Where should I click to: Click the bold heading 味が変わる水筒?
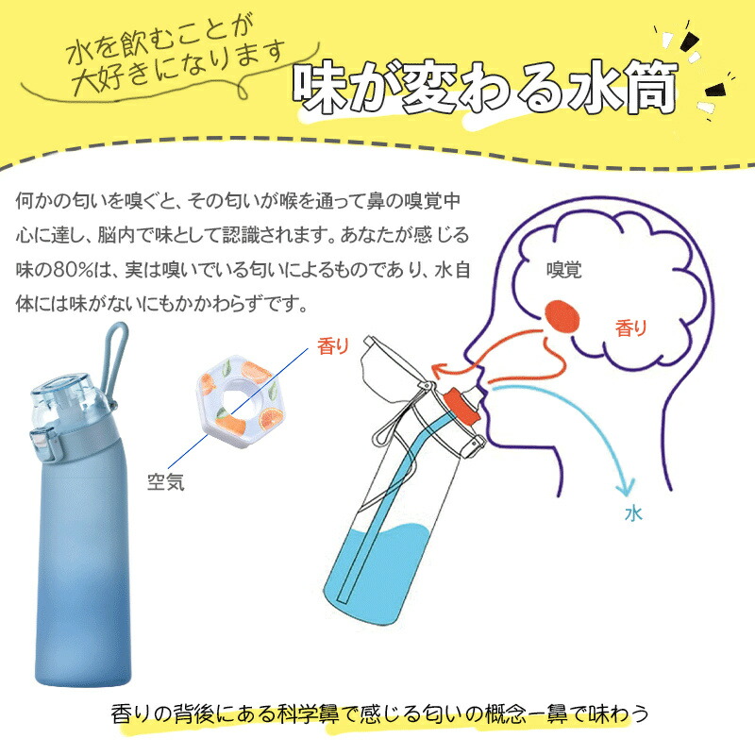click(485, 87)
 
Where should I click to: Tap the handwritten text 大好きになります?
click(178, 68)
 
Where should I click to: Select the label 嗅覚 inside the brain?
click(563, 270)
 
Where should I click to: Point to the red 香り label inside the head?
click(630, 328)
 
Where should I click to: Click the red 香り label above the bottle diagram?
click(333, 346)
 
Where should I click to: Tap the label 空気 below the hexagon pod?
click(166, 482)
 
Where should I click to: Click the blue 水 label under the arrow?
click(633, 513)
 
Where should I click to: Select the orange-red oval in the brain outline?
click(562, 317)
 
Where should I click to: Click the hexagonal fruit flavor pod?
click(240, 402)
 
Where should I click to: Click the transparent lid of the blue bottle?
click(66, 399)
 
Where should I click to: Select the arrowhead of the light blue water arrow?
click(626, 487)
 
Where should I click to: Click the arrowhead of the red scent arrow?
click(439, 370)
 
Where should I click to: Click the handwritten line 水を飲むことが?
click(159, 41)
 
